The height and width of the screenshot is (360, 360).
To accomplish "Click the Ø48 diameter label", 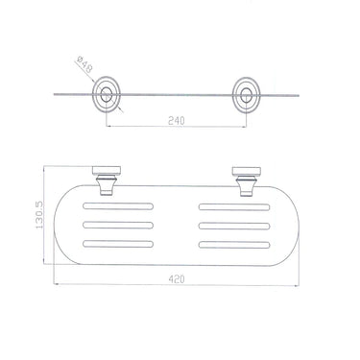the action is tap(84, 63).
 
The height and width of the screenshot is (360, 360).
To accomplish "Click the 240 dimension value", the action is tap(177, 121).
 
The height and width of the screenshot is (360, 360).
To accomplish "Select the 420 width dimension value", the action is tap(177, 279).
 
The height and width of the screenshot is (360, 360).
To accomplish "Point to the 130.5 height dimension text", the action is tap(39, 215).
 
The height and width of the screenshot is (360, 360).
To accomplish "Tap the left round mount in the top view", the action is tap(107, 95).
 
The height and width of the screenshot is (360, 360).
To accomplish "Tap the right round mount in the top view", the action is tap(246, 95).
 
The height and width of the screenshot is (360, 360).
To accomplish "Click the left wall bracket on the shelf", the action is tap(107, 180).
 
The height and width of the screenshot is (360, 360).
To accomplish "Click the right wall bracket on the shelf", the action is tap(247, 180).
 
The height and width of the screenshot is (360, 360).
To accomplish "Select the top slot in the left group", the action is tap(118, 206).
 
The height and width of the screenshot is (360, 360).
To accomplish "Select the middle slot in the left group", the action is tap(118, 225).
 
